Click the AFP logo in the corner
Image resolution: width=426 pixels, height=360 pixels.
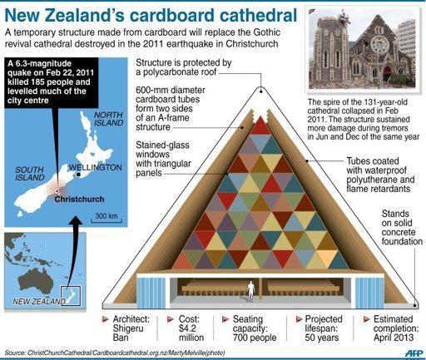pos(414,353)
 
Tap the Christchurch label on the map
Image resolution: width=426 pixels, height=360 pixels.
pos(79,199)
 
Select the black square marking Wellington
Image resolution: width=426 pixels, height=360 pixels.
pos(79,175)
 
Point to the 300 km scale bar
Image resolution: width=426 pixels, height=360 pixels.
pos(106,220)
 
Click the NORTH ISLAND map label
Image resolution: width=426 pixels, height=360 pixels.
pos(108,119)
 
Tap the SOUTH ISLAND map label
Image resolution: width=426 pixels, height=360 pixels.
pos(30,174)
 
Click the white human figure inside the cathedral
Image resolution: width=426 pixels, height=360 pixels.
pos(251,291)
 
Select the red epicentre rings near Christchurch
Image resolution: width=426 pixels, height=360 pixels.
pos(57,190)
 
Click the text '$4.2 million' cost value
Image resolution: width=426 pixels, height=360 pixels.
pos(191,333)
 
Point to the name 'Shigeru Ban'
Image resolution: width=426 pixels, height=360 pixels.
pos(128,333)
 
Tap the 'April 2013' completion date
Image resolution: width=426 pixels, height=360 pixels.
pos(394,338)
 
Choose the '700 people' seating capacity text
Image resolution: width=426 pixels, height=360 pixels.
pos(255,338)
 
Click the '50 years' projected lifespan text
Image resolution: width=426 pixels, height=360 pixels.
pos(322,338)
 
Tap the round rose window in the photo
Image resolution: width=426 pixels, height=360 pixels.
pos(379,44)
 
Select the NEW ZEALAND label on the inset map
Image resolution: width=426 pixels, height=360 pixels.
pos(39,301)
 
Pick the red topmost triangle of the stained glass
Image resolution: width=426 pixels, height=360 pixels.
pos(260,126)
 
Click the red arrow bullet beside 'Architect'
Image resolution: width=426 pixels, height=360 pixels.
pos(106,319)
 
